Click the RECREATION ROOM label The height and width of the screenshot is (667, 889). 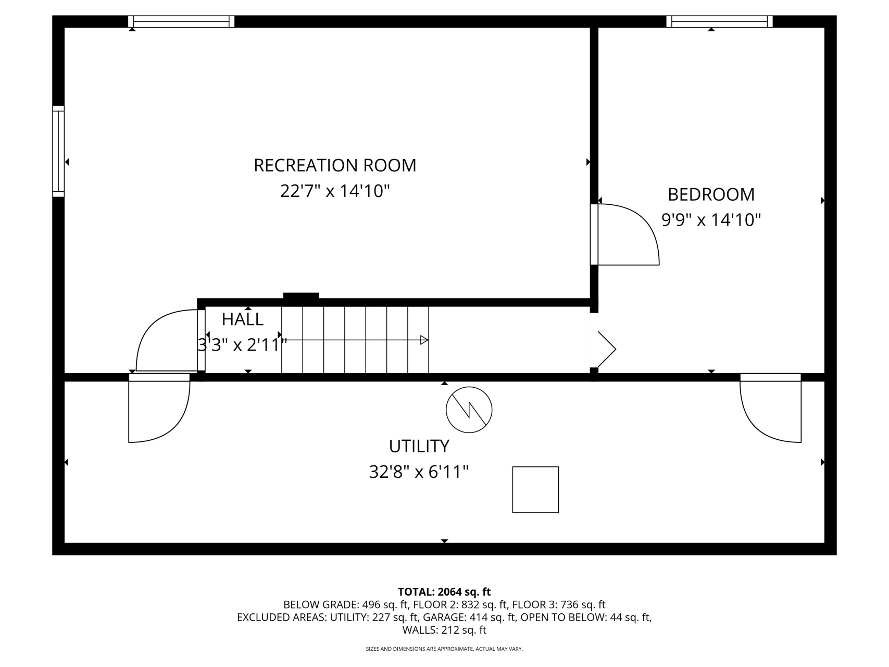click(x=335, y=165)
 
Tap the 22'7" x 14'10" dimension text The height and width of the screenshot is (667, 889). click(x=335, y=191)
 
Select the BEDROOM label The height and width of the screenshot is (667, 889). click(x=711, y=194)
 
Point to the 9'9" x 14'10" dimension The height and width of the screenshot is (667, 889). click(x=711, y=220)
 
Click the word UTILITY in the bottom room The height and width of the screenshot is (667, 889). click(x=419, y=447)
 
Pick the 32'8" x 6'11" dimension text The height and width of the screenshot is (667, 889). click(x=419, y=472)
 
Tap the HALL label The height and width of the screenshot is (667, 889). click(x=243, y=319)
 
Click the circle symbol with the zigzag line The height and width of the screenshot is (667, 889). click(x=469, y=410)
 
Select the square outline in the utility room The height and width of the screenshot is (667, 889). click(x=535, y=490)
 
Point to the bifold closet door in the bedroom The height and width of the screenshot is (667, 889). click(x=606, y=349)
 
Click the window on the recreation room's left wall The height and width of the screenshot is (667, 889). click(x=58, y=152)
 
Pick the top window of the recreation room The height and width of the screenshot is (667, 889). click(x=181, y=21)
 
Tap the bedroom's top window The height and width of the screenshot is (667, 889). click(x=719, y=21)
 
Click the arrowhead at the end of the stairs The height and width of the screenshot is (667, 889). click(x=424, y=340)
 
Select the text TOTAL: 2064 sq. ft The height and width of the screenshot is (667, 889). click(x=444, y=592)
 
